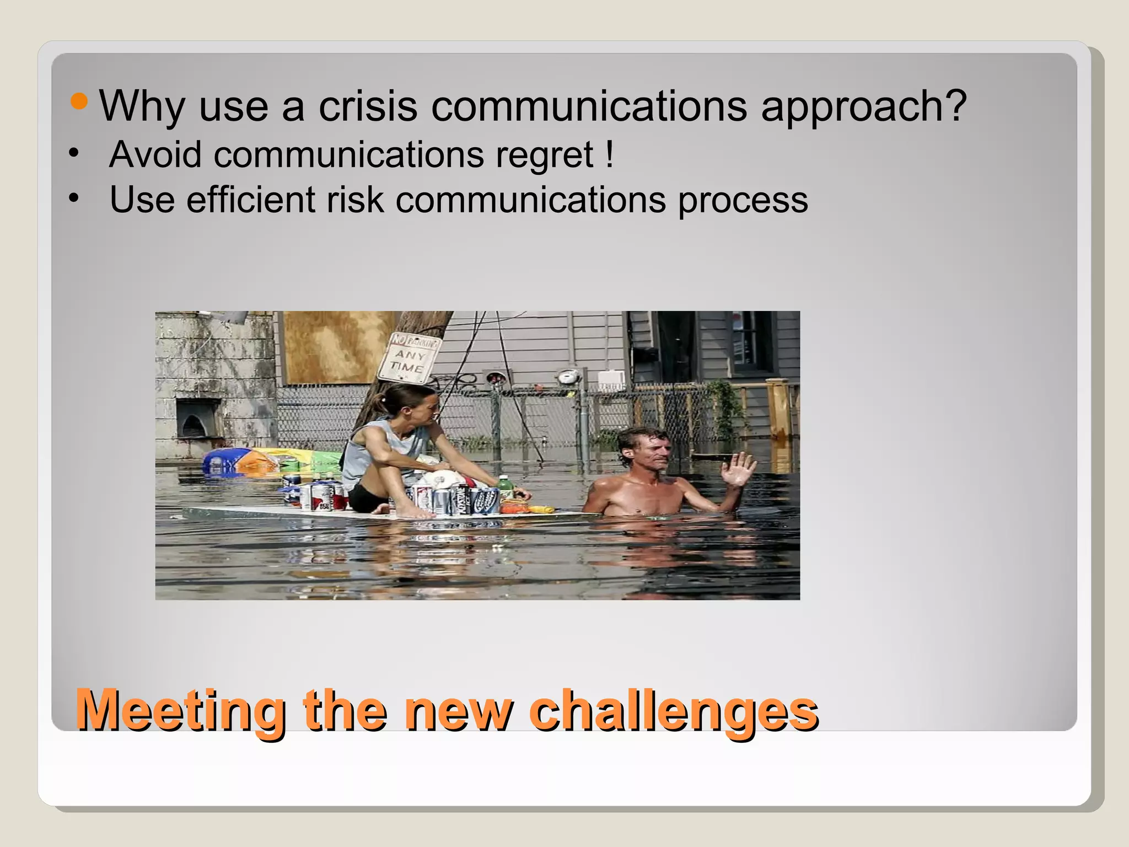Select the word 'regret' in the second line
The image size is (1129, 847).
pyautogui.click(x=544, y=155)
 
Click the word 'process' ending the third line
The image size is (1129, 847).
pyautogui.click(x=743, y=200)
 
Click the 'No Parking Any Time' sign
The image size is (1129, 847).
pyautogui.click(x=409, y=357)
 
